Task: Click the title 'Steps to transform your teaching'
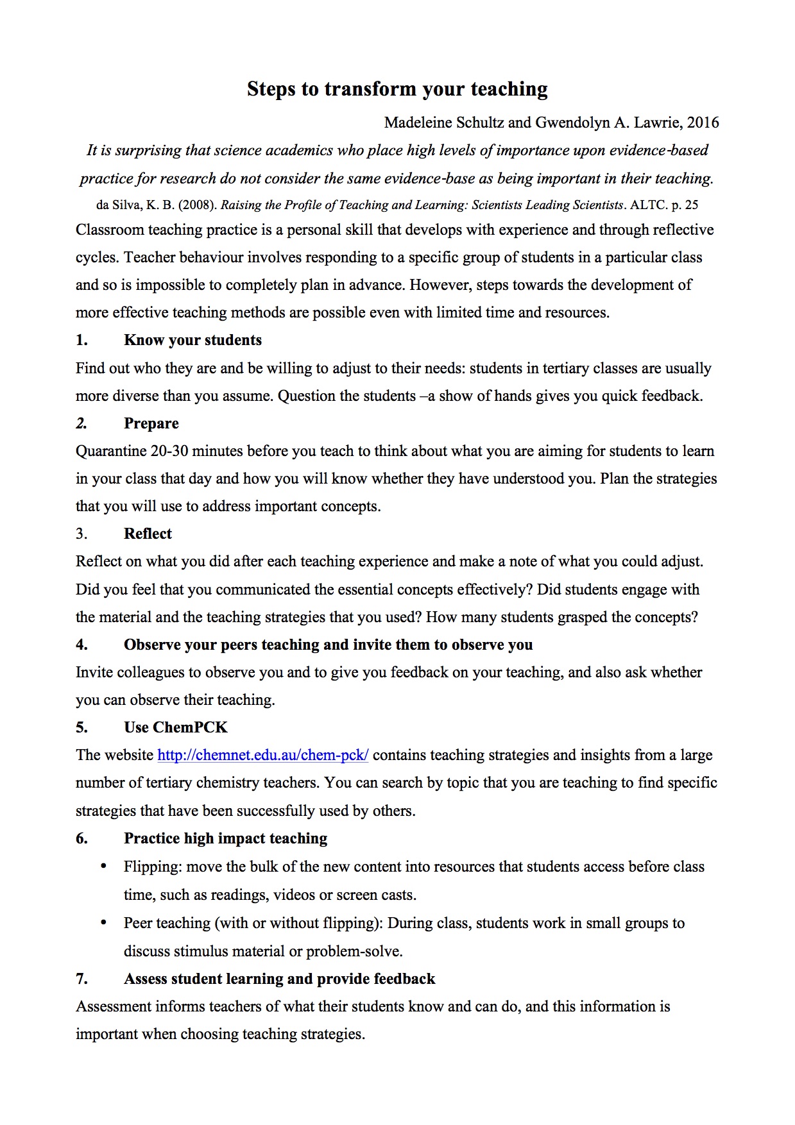pos(397,89)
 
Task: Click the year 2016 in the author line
pos(703,123)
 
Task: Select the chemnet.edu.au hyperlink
pos(262,755)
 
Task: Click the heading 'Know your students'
pos(192,340)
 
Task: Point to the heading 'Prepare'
pos(151,423)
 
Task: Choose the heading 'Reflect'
pos(148,534)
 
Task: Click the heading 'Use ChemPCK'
pos(175,727)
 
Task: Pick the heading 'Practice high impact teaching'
pos(225,838)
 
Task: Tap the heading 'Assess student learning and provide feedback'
pos(279,979)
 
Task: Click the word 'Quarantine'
pos(111,451)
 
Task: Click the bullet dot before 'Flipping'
pos(103,867)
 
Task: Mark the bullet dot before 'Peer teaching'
pos(103,922)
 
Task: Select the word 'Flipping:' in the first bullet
pos(153,867)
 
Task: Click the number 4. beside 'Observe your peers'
pos(81,645)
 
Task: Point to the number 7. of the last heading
pos(81,979)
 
